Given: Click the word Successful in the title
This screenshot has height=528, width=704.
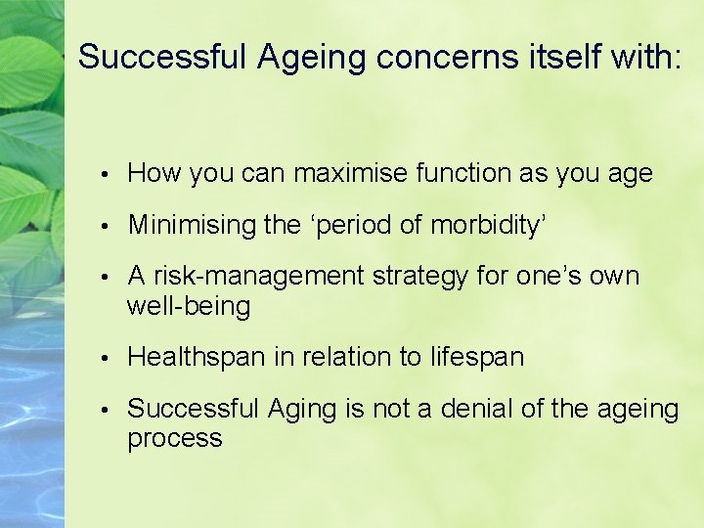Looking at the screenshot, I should coord(163,57).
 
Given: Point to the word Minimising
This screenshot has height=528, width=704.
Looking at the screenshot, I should coord(193,225).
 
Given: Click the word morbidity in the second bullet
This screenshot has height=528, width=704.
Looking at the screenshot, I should coord(483,225).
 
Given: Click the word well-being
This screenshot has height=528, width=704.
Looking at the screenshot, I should coord(189,306).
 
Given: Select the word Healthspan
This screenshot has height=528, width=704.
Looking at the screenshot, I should coord(197,357).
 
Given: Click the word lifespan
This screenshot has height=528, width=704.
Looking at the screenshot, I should coord(476,357).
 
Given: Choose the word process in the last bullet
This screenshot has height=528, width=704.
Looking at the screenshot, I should coord(175,438).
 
